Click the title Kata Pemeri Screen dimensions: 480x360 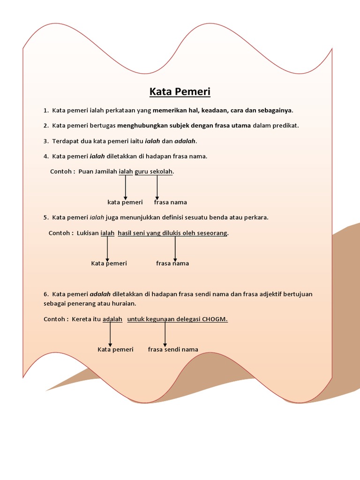tap(180, 91)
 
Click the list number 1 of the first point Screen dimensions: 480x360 tap(45, 111)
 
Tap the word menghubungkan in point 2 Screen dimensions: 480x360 tap(139, 126)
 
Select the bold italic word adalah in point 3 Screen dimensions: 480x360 tap(185, 141)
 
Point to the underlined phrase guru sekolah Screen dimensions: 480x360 tap(154, 172)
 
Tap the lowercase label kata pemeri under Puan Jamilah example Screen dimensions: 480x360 tap(125, 202)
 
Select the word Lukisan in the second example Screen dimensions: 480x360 tap(88, 233)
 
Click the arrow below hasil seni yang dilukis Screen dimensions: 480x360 tap(175, 248)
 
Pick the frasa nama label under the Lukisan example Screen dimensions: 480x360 tap(172, 263)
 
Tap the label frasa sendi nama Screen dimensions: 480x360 tap(173, 350)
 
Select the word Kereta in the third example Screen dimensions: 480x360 tap(82, 319)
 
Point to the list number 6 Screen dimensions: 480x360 tap(45, 294)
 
